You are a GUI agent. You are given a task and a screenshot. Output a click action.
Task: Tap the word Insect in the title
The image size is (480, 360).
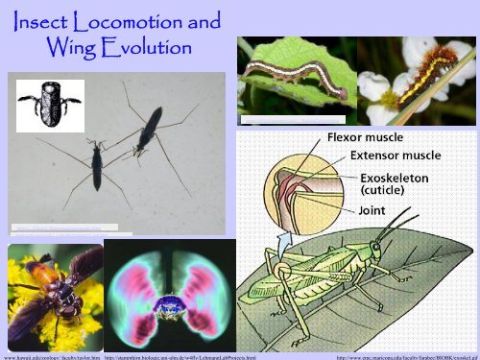[x=50, y=19]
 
